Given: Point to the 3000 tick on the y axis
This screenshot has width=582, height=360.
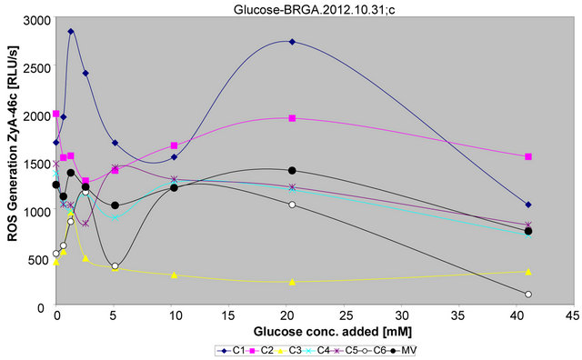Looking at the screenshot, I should (34, 20).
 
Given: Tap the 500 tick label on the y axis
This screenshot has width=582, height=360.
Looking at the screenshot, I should (37, 260).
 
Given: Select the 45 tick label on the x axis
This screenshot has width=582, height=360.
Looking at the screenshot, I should (570, 317).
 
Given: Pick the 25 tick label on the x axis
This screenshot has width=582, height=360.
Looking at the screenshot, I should (342, 317).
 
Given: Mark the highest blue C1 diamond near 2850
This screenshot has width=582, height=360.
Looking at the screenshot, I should (71, 31).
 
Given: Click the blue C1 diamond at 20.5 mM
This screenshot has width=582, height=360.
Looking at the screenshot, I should (292, 42).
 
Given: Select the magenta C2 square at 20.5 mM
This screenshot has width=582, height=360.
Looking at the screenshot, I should (292, 118).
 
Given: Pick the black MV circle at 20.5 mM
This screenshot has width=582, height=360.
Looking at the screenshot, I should (292, 170).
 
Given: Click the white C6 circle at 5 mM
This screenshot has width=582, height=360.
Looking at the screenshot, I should (115, 266).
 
